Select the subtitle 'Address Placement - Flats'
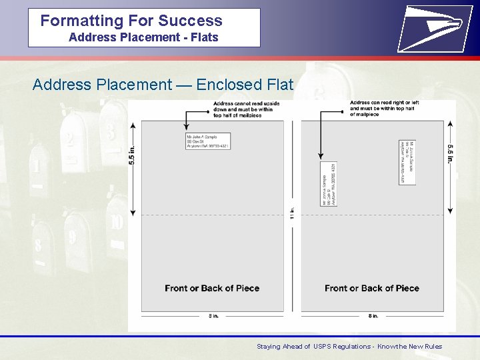tap(143, 37)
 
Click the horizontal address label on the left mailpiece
tap(207, 141)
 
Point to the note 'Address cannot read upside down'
tap(247, 109)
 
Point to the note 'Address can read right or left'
tap(384, 109)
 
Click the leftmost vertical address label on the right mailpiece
tap(328, 183)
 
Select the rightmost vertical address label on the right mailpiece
tap(409, 162)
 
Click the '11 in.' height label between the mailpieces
tap(292, 213)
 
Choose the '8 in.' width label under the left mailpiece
tap(213, 316)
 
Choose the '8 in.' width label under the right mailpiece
tap(373, 316)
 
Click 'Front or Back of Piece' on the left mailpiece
tap(212, 288)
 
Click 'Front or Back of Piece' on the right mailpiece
tap(372, 288)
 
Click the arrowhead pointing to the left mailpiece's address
tap(187, 129)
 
